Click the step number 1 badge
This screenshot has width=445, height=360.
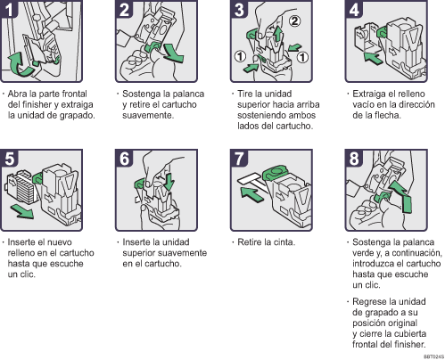[x=9, y=9]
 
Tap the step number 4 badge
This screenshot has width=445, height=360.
[x=354, y=9]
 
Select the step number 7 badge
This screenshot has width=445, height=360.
[x=239, y=158]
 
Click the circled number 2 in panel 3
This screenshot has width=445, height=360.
[x=294, y=21]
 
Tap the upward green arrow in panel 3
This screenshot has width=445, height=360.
[x=277, y=35]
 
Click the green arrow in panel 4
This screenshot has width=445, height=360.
[x=373, y=58]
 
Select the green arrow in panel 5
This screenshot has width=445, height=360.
[x=21, y=211]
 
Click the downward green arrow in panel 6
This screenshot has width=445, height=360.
[x=169, y=182]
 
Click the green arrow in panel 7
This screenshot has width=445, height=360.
[x=251, y=194]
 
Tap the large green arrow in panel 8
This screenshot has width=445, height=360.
[x=401, y=197]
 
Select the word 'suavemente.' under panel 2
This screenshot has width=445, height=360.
[x=148, y=115]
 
